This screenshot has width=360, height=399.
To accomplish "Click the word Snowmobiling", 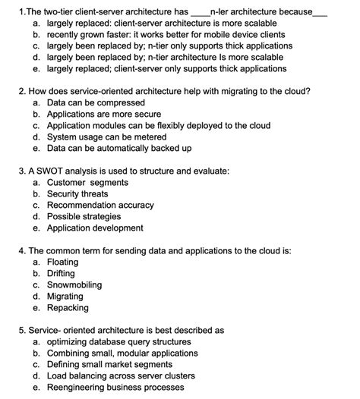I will [79, 284].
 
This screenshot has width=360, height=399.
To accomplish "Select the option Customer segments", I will [87, 182].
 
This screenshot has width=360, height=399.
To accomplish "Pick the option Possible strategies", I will [88, 216].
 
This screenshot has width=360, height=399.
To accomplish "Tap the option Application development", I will [94, 228].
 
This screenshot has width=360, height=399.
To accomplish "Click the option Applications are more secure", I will [103, 113].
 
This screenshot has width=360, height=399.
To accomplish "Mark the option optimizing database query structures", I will [124, 341].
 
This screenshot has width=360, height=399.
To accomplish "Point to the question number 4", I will [21, 250].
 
